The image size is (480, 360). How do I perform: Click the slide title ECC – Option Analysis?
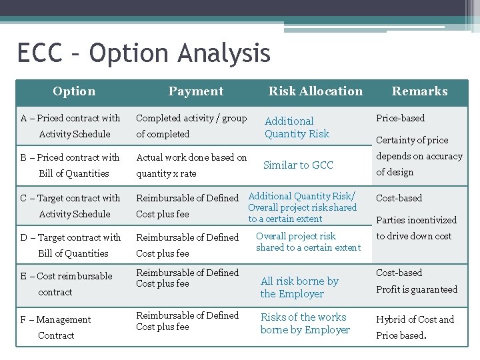[x=143, y=53]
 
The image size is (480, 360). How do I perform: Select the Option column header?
[x=74, y=91]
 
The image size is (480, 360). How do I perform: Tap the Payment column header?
[x=195, y=91]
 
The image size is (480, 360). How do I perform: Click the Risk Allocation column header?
[x=315, y=91]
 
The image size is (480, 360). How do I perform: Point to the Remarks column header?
[x=419, y=91]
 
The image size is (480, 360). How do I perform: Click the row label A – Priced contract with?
[x=71, y=118]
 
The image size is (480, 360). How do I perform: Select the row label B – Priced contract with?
[x=70, y=157]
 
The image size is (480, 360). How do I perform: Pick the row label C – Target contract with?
[x=71, y=198]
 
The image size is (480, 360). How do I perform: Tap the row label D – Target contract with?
[x=71, y=237]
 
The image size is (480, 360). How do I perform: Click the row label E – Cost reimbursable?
[x=67, y=276]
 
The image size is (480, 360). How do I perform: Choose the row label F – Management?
[x=55, y=319]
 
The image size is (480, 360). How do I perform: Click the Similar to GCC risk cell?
[x=298, y=165]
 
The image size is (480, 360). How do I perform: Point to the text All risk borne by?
[x=299, y=281]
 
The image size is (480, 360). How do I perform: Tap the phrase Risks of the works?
[x=303, y=317]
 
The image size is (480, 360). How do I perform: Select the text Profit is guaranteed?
[x=417, y=289]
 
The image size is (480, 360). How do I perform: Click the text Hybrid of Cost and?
[x=415, y=319]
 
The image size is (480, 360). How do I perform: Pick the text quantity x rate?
[x=166, y=173]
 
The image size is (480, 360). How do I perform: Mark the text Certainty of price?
[x=412, y=140]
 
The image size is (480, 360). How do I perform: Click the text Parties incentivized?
[x=416, y=220]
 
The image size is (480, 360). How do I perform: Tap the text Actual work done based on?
[x=191, y=157]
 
